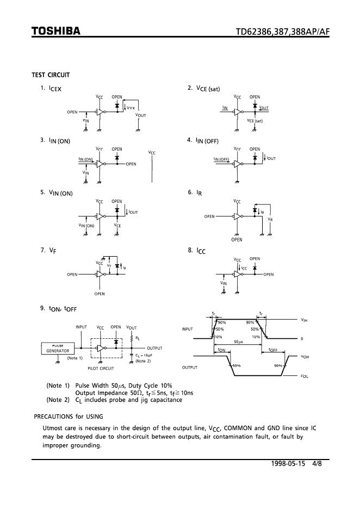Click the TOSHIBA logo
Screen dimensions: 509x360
(x=56, y=32)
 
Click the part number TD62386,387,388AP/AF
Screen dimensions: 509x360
(x=282, y=32)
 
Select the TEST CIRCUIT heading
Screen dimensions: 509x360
(x=51, y=75)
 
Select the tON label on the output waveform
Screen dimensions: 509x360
(x=222, y=350)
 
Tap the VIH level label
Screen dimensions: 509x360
(x=305, y=320)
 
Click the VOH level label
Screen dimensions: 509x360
(x=305, y=357)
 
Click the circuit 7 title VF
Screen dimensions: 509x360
(x=52, y=251)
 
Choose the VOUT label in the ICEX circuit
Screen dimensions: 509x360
(x=140, y=115)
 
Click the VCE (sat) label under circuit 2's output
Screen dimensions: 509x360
(x=255, y=120)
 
